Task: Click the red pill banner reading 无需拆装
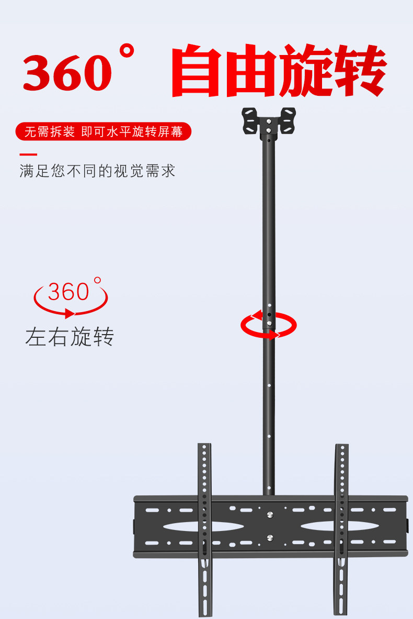pos(104,131)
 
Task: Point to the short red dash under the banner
pos(28,154)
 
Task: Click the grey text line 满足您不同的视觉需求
pos(97,171)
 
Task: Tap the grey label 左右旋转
pos(70,337)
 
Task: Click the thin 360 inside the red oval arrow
pos(68,292)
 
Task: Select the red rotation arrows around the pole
pos(268,325)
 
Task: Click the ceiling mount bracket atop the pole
pos(268,121)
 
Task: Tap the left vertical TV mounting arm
pos(204,529)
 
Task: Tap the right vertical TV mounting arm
pos(341,529)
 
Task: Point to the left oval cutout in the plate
pos(203,526)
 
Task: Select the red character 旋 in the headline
pos(304,72)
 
